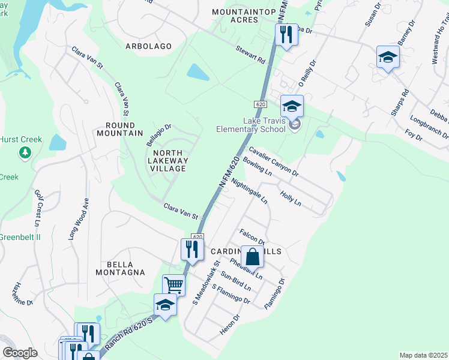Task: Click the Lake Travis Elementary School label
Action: pyautogui.click(x=251, y=125)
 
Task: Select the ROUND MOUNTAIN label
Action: pyautogui.click(x=124, y=129)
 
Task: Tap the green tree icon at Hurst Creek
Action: pyautogui.click(x=25, y=154)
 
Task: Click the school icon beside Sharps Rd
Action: pyautogui.click(x=388, y=58)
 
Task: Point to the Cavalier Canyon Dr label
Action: pyautogui.click(x=274, y=162)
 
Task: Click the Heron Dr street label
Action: pyautogui.click(x=231, y=325)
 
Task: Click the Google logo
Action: pyautogui.click(x=20, y=353)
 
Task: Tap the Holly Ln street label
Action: pyautogui.click(x=291, y=200)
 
